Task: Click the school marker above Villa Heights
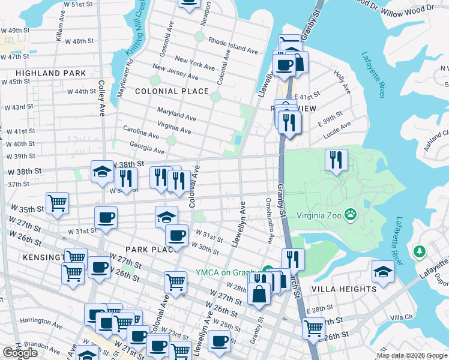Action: coord(383,272)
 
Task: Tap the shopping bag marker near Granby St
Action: coord(260,295)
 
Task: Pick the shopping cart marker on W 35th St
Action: coord(57,203)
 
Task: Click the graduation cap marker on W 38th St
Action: coord(102,172)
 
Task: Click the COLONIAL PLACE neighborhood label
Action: coord(172,91)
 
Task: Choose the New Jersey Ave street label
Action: coord(175,73)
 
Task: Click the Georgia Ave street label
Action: coord(146,148)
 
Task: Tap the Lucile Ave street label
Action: coord(337,132)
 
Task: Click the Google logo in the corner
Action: coord(20,353)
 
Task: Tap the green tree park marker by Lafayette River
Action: coord(420,251)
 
